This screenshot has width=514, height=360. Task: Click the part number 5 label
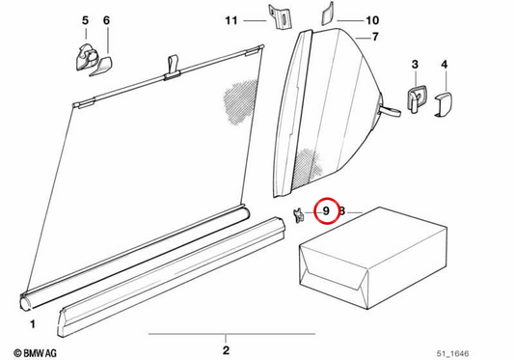coord(85,20)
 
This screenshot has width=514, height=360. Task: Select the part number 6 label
coord(106,20)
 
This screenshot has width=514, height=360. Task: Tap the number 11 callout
coord(231,20)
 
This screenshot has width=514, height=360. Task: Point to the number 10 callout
coord(372,20)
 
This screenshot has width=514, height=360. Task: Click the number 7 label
coord(375,37)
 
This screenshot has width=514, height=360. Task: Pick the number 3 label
coord(415,64)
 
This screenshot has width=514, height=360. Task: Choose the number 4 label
coord(445,64)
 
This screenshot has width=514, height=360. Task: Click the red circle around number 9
coord(326,211)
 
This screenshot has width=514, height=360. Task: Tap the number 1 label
coord(33,324)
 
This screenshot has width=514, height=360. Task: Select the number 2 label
coord(226,350)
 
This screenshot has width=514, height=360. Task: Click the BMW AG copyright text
coord(35,353)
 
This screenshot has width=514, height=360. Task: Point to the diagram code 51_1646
coord(452,353)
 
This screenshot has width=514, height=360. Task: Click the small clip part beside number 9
coord(298,215)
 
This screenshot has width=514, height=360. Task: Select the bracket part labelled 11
coord(280,17)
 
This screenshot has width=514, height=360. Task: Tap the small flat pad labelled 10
coord(327,14)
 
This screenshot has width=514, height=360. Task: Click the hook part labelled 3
coord(416,98)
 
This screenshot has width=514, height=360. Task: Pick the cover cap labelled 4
coord(444,104)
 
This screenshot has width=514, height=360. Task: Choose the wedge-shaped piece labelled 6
coord(101,67)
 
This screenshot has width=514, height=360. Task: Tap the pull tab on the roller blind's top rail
coord(173,68)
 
